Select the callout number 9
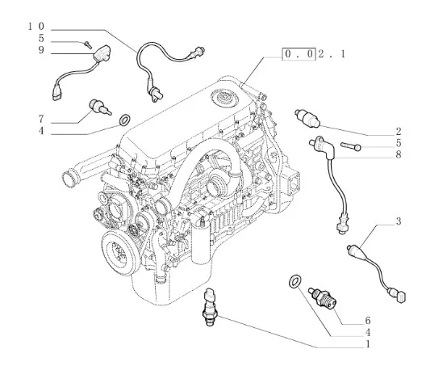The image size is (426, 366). (x=41, y=50)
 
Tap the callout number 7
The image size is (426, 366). (x=41, y=119)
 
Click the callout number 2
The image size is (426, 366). (x=398, y=132)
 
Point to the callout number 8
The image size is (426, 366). (x=398, y=154)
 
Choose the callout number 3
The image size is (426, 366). (x=398, y=221)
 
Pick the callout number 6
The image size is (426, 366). (x=368, y=321)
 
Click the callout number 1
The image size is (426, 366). (x=368, y=344)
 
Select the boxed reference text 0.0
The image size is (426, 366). (x=299, y=54)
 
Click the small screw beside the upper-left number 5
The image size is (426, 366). (x=87, y=44)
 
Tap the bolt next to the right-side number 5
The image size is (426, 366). (x=351, y=146)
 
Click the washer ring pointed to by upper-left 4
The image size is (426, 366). (x=125, y=120)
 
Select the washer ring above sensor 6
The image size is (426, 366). (x=294, y=281)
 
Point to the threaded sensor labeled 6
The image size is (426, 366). (x=323, y=298)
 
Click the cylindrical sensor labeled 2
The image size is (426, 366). (x=307, y=118)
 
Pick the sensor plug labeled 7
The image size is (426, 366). (x=100, y=107)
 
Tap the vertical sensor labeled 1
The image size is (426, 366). (x=211, y=307)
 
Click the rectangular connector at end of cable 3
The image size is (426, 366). (x=401, y=297)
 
